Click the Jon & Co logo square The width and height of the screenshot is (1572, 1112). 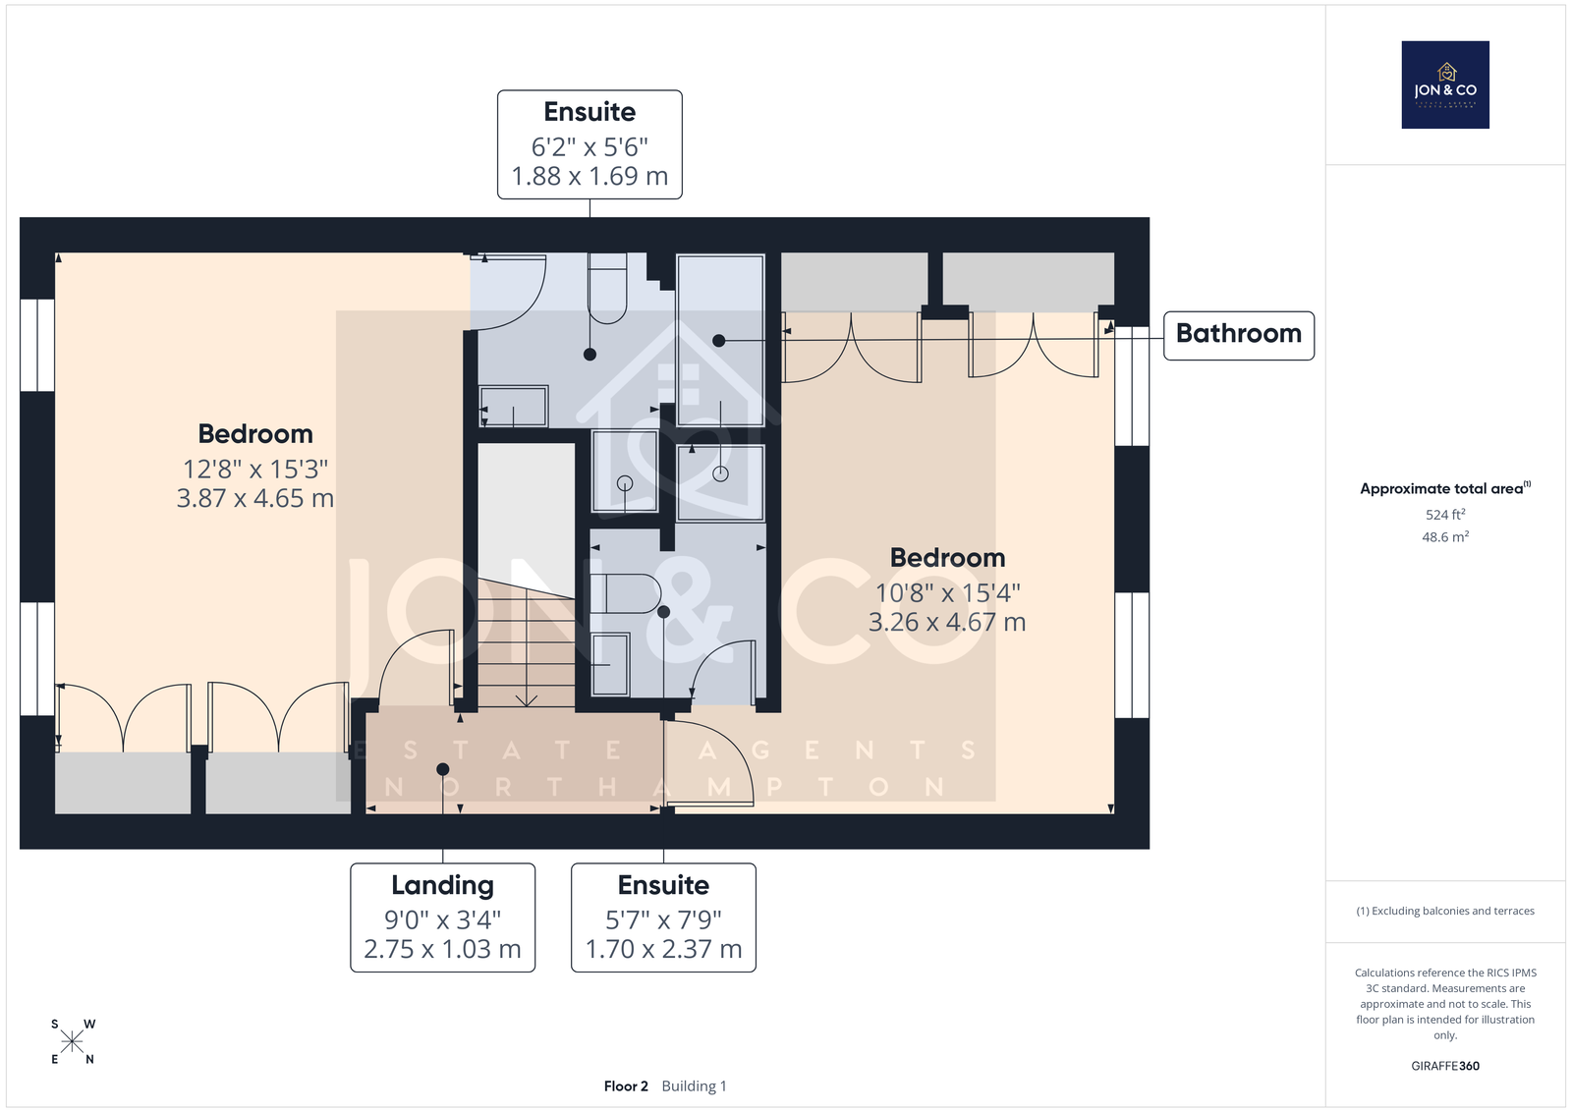[x=1445, y=84]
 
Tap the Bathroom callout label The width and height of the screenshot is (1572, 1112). [x=1239, y=335]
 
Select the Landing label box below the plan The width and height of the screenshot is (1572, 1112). [x=443, y=917]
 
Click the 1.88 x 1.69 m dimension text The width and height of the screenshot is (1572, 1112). [x=589, y=176]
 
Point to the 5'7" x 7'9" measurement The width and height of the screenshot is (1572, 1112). [x=663, y=919]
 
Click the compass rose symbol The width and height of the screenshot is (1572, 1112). [x=73, y=1042]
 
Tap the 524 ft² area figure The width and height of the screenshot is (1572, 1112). [x=1445, y=515]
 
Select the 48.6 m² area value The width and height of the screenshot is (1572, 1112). [x=1445, y=536]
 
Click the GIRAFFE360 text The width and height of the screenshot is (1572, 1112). [x=1445, y=1066]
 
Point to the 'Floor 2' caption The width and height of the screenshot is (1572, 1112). [x=626, y=1086]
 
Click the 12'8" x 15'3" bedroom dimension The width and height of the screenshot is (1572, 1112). [x=255, y=469]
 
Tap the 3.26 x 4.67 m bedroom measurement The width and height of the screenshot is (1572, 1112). [x=947, y=622]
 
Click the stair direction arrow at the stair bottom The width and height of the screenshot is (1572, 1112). [x=527, y=699]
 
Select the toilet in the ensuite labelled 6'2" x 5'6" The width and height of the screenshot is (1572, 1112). [x=607, y=289]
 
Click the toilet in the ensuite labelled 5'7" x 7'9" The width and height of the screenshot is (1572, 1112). [x=625, y=593]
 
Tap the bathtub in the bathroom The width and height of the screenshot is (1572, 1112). [x=720, y=340]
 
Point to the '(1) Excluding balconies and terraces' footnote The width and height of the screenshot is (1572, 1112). [x=1445, y=911]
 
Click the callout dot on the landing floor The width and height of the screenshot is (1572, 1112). [x=443, y=769]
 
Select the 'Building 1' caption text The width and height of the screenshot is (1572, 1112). [x=694, y=1086]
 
